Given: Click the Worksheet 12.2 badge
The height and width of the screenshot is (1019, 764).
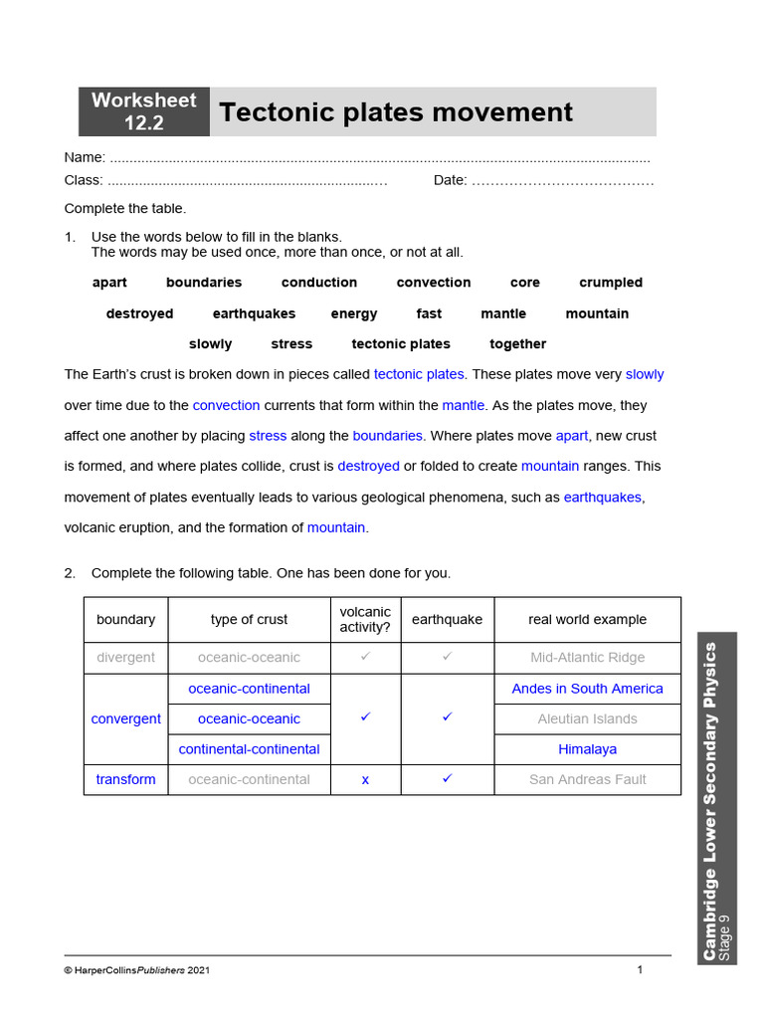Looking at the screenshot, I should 144,111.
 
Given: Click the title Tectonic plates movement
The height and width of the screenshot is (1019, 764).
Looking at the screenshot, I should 396,112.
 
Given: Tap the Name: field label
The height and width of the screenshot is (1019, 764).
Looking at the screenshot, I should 85,157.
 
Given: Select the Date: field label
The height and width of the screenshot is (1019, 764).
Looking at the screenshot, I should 450,180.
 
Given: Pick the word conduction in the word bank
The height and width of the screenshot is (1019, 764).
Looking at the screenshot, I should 318,283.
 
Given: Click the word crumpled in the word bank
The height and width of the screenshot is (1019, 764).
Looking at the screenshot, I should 611,283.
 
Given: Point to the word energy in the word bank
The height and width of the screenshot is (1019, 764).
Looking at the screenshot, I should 354,313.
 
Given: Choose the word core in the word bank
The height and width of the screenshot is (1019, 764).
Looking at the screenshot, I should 524,283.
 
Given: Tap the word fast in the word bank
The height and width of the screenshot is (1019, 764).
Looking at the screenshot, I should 429,313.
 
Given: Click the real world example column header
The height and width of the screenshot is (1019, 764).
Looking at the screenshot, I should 587,619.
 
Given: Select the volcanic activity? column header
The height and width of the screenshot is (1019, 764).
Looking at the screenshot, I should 365,619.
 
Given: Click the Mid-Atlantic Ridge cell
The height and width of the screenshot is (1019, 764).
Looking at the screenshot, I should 587,658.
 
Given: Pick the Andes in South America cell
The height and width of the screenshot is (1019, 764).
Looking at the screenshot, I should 587,689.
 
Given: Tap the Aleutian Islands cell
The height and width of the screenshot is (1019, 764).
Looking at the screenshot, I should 587,718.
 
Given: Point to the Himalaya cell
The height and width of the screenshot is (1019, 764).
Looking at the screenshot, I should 587,749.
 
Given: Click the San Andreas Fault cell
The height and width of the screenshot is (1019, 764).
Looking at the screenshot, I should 587,779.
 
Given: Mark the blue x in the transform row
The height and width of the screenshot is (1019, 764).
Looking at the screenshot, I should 365,780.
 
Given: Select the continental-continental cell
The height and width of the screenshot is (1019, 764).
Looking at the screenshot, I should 249,749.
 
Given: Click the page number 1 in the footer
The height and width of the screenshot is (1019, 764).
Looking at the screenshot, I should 640,969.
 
